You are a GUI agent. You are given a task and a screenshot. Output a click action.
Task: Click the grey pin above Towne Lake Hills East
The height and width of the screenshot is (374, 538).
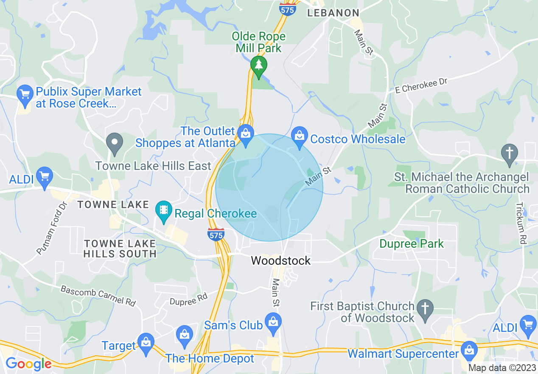pos(114,143)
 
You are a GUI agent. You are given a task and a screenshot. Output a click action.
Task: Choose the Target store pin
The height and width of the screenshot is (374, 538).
pos(146,343)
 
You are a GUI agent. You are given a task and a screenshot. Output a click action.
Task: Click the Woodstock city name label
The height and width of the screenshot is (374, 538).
pos(281,261)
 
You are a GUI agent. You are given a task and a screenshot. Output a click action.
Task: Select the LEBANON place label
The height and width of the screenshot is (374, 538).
pos(333,13)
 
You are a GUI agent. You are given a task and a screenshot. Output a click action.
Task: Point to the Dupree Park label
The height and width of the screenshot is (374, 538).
pos(412,244)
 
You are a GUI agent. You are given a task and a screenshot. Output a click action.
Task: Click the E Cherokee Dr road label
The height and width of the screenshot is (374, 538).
pos(421,85)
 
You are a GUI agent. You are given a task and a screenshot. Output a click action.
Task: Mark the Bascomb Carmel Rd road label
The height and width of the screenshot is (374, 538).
pos(98,296)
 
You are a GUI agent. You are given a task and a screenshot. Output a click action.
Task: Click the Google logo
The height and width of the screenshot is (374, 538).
pos(28,364)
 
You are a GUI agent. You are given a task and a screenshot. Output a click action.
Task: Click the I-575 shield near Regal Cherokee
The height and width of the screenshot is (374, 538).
pos(216,234)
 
